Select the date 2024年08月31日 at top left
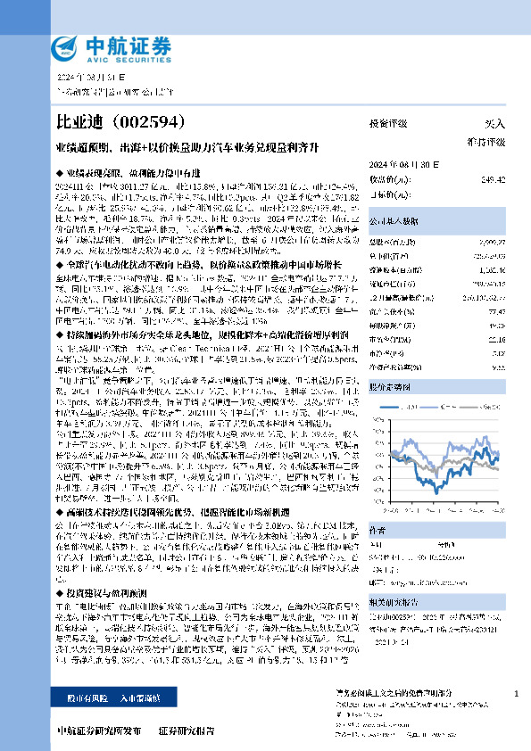[x=93, y=77]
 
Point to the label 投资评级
[x=388, y=124]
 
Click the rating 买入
[x=494, y=124]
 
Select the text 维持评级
[x=486, y=142]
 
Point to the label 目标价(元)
[x=386, y=193]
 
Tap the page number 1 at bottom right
[x=516, y=693]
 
